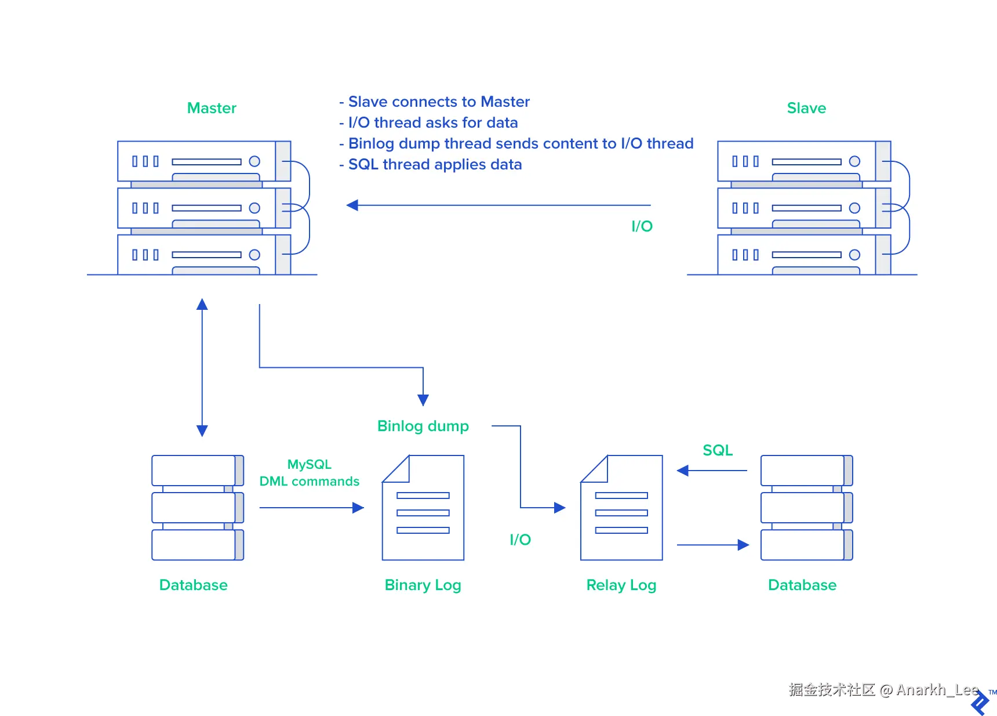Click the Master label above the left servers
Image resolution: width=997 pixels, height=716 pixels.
[x=212, y=108]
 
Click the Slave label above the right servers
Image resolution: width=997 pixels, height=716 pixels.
[x=806, y=108]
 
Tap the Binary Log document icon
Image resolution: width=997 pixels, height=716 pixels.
[x=423, y=508]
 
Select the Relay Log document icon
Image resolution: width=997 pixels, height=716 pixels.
[x=621, y=508]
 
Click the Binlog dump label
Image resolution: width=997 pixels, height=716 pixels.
[x=423, y=426]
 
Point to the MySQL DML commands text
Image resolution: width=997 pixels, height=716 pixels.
[x=310, y=473]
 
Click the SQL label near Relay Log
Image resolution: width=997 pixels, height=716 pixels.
[x=718, y=450]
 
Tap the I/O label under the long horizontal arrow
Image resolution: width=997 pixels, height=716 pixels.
[x=642, y=226]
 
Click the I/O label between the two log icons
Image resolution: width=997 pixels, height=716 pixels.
[x=520, y=540]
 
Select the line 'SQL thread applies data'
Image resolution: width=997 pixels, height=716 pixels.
[x=431, y=164]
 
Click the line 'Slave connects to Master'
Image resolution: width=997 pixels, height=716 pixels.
[x=434, y=102]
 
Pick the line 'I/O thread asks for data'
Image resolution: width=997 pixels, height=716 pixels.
[x=428, y=122]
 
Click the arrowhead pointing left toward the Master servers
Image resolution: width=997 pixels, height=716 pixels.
[x=352, y=205]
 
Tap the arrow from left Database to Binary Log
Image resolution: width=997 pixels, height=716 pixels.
[x=312, y=508]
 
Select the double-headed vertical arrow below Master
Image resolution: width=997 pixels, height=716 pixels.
[x=202, y=367]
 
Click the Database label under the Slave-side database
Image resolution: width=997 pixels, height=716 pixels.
[x=802, y=585]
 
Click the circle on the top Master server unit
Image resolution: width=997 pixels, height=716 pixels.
[x=254, y=161]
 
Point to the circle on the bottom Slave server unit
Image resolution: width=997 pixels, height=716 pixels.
[x=854, y=255]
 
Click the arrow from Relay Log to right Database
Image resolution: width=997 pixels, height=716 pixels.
[x=713, y=545]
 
